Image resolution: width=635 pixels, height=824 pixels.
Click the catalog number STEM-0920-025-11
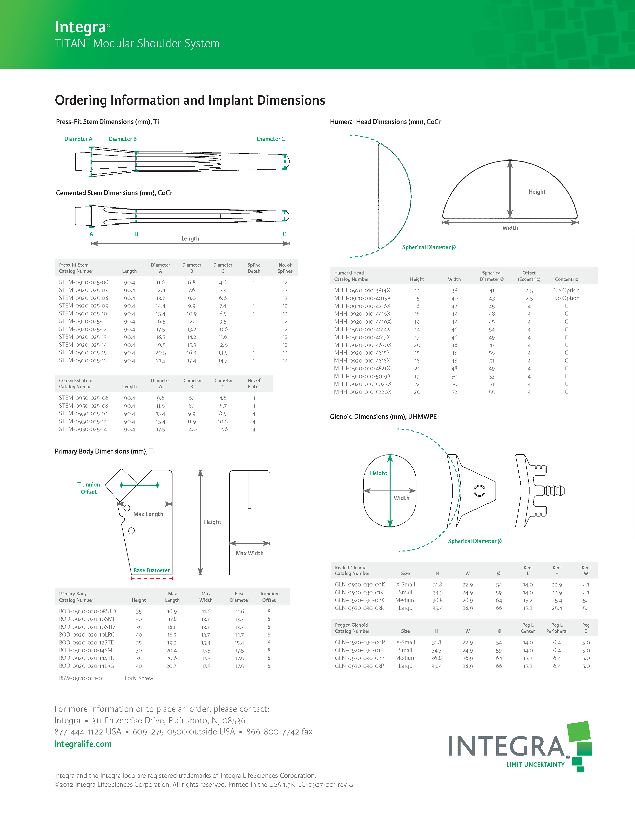pos(82,321)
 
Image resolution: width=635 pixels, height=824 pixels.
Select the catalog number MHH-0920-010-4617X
pos(362,337)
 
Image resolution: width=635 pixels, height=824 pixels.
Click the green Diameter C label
pos(271,139)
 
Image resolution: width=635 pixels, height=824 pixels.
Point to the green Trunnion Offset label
pos(89,488)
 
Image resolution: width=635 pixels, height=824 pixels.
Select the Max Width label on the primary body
pos(250,553)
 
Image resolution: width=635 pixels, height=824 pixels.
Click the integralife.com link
pos(83,744)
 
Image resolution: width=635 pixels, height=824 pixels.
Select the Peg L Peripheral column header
pos(557,628)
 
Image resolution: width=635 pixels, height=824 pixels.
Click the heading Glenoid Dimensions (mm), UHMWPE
pos(383,417)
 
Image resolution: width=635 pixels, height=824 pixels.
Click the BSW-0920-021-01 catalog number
pos(81,678)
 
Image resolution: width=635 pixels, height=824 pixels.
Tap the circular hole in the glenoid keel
pos(479,490)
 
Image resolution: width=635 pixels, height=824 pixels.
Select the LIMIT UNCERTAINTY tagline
pos(535,764)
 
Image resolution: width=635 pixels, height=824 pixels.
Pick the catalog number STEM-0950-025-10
pos(83,414)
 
